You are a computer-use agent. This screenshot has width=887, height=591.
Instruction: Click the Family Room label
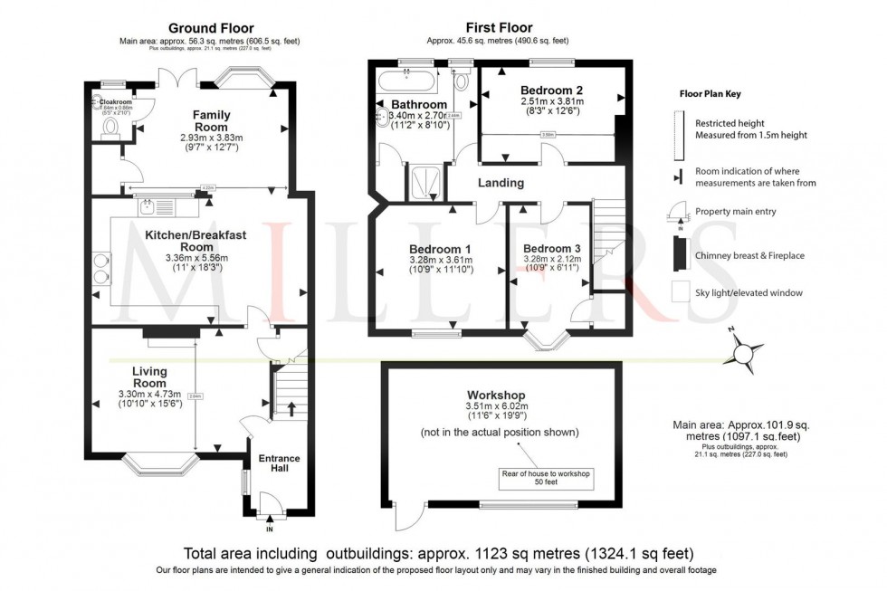click(x=211, y=121)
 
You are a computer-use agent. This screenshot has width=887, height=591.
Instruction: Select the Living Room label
click(x=150, y=377)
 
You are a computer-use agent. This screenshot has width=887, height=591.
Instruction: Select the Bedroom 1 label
click(x=440, y=249)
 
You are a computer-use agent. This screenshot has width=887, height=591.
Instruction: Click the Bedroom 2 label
click(x=551, y=91)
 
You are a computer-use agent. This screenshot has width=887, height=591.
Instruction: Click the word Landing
click(x=501, y=183)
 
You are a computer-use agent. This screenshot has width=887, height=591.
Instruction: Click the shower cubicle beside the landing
click(x=422, y=182)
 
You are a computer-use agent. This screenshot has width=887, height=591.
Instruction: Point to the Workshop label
click(x=497, y=396)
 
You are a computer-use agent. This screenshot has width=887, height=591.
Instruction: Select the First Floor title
click(x=499, y=28)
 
